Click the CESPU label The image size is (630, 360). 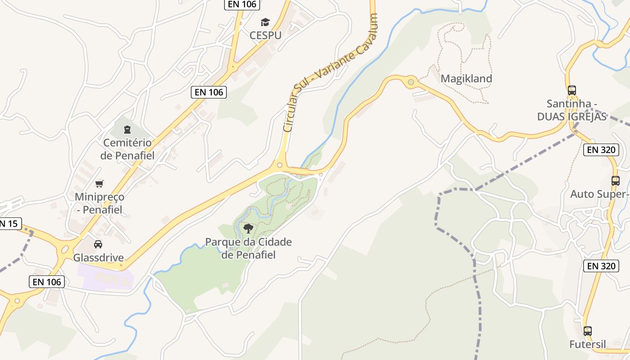pos(265,35)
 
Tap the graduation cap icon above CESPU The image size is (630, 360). pos(265,22)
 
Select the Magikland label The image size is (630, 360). pos(466,78)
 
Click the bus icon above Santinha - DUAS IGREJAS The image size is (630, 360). pos(571,90)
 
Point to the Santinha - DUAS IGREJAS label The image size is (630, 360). pos(571,110)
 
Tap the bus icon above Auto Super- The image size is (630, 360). pos(615,181)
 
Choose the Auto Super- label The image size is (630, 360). pos(598,194)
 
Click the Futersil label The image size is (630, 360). pos(587,344)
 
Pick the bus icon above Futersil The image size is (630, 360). pos(587,331)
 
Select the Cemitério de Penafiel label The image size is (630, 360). pos(127,149)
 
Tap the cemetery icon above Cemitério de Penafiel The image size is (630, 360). pos(127,130)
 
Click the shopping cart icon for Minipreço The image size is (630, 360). pos(99,184)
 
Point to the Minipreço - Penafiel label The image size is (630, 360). pos(99,203)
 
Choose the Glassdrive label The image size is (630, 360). pos(98,258)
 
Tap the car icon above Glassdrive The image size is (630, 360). pos(98,244)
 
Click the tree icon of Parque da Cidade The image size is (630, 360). pos(248,229)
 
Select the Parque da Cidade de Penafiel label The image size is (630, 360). pos(248,248)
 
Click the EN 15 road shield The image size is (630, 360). pos(9,223)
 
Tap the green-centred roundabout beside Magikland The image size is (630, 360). pos(410,82)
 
